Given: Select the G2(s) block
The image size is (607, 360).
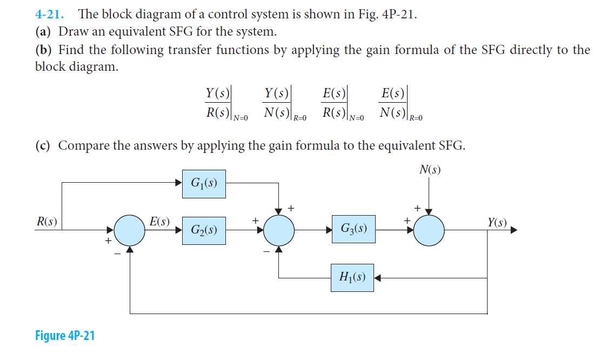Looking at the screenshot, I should [x=204, y=230].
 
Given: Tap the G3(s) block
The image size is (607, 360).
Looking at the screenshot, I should [x=354, y=229].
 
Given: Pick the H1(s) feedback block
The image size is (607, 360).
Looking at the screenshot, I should [x=352, y=278].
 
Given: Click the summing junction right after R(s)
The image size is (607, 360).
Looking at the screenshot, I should [x=130, y=230].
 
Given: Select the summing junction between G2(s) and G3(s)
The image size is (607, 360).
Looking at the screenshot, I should [x=279, y=230].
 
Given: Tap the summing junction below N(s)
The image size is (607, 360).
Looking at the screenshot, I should [x=429, y=230].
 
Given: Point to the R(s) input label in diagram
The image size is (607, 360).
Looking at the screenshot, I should [x=46, y=222].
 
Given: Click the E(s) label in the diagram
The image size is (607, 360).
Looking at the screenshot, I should [x=159, y=221].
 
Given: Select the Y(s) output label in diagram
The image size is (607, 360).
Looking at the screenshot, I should [x=497, y=222].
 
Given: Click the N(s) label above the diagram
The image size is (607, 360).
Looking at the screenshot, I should [x=430, y=170].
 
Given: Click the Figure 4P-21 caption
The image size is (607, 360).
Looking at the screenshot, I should [x=65, y=336].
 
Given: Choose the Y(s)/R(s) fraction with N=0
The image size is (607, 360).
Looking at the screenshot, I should [x=218, y=103].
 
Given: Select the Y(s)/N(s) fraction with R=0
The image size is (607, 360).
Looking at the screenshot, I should [x=277, y=103].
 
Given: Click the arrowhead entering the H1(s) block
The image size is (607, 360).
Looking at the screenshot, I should [x=378, y=278].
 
